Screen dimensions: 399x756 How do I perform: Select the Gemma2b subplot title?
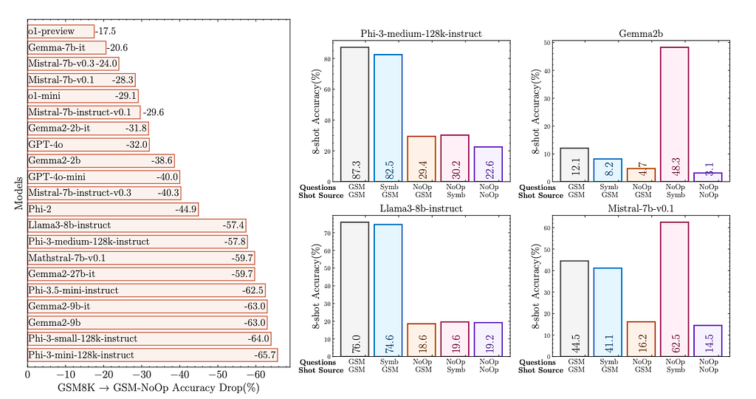tap(638, 33)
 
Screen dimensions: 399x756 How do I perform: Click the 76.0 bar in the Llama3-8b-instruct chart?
tap(355, 288)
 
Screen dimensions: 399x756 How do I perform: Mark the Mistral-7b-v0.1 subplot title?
tap(638, 208)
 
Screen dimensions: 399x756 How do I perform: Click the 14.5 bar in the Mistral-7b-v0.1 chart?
tap(708, 341)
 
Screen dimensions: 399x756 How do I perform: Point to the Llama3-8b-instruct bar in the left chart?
tap(137, 225)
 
